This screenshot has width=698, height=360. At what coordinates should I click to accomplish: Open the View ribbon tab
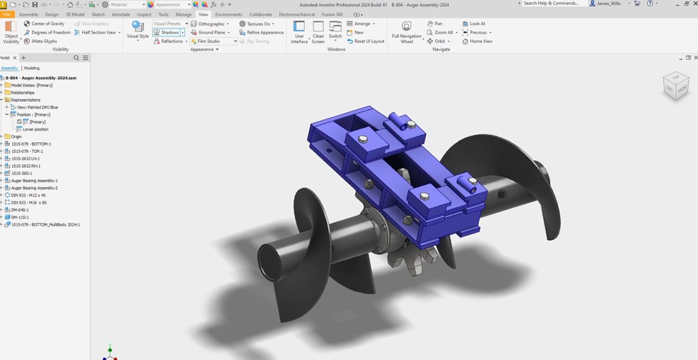(203, 14)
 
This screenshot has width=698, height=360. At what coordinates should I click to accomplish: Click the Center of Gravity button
(44, 24)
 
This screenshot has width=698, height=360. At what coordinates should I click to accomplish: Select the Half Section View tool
(98, 32)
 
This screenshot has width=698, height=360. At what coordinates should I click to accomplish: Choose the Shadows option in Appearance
(167, 32)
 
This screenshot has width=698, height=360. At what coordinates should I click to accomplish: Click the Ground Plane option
(210, 32)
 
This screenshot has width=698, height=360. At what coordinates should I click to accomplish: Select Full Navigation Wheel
(407, 31)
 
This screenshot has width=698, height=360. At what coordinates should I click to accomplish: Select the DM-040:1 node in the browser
(20, 210)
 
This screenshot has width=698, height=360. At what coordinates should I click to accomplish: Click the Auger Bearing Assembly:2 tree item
(34, 188)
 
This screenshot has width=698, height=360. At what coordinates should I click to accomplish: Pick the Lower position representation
(35, 129)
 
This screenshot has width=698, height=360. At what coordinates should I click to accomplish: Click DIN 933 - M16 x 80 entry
(29, 202)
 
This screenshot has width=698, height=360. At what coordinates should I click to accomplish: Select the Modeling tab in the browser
(32, 68)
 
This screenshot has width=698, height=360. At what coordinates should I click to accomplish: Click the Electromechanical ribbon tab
(297, 14)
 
